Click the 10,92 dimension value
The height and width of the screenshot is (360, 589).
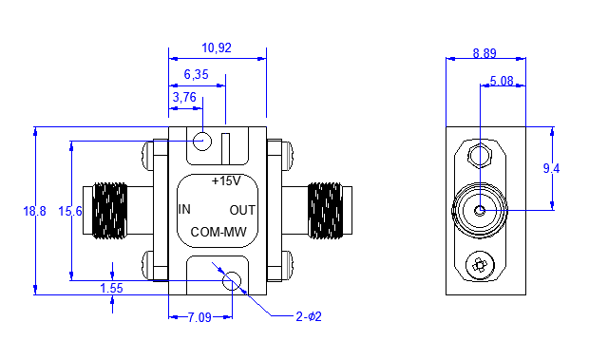point(217,48)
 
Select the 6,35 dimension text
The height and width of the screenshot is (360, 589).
point(196,74)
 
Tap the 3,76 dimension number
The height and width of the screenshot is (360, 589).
point(184,97)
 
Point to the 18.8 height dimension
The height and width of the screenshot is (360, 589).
point(34,211)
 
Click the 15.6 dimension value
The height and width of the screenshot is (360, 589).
point(70,211)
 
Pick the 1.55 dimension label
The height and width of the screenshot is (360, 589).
point(111,289)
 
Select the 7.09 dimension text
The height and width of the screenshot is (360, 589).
point(199,317)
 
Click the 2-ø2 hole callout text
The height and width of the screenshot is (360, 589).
point(309,317)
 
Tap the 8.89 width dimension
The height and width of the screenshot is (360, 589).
point(484,53)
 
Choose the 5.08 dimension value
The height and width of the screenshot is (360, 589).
point(502,81)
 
